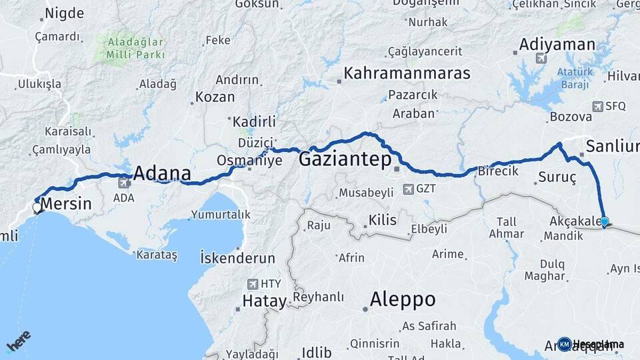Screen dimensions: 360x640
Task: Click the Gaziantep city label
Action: pos(345,160)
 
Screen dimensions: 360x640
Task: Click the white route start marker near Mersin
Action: pos(37,208)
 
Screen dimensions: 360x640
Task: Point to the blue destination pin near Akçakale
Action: pos(604,222)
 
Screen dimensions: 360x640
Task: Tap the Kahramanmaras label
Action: pos(407,73)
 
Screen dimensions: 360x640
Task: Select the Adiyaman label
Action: pos(557,45)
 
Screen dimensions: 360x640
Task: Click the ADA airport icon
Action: pos(125,182)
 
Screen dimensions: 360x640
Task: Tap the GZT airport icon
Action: pos(408,189)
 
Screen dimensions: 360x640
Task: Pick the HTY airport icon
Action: pos(253,283)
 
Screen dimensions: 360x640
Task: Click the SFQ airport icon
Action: pos(598,106)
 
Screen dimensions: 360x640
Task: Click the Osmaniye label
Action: pos(249,161)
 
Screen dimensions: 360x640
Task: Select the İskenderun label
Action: pos(237,257)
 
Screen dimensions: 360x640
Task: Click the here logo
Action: pos(19,341)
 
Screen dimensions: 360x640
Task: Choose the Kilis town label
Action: pos(382,220)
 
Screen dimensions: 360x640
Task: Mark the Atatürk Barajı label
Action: pos(574,78)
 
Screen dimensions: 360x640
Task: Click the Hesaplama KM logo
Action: pos(565,344)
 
